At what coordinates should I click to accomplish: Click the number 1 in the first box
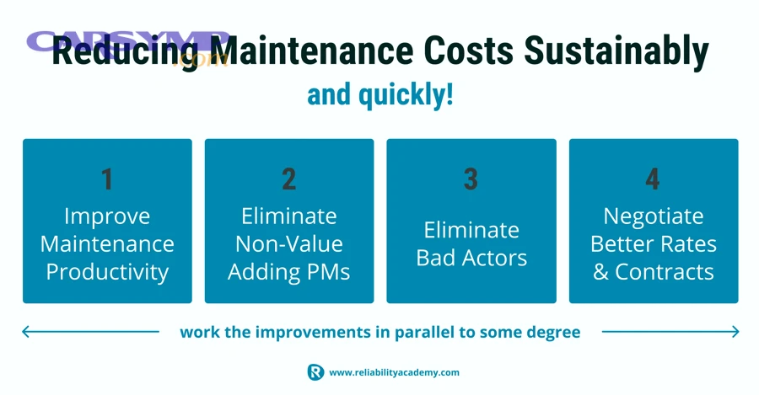tap(107, 179)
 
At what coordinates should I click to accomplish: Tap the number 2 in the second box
tap(289, 179)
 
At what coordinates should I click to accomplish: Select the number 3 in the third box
tap(471, 179)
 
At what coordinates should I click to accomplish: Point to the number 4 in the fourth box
tap(653, 179)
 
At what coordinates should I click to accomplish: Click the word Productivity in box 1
tap(107, 272)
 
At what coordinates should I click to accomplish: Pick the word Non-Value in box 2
tap(289, 244)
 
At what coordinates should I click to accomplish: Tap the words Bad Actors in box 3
tap(471, 258)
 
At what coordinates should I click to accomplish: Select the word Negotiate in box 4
tap(654, 216)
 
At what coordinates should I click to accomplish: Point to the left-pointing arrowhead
tap(26, 332)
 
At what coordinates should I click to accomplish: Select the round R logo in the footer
tap(315, 372)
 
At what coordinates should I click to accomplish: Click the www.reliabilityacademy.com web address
tap(394, 372)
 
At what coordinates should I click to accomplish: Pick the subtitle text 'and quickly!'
tap(379, 94)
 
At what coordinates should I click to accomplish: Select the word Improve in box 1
tap(107, 216)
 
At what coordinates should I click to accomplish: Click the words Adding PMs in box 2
tap(289, 272)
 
